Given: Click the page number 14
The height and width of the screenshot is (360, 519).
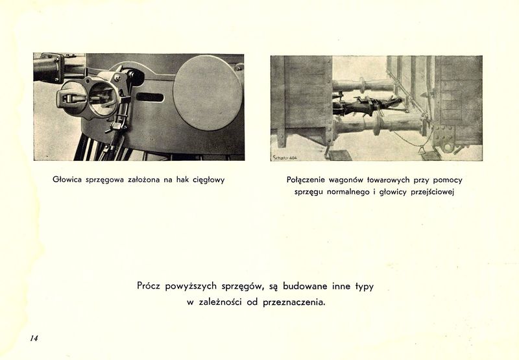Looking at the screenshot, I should click(x=34, y=338).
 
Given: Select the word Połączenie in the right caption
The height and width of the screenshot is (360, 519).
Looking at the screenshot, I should click(x=309, y=180).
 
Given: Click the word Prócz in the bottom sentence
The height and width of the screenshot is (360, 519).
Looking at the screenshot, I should click(x=151, y=286).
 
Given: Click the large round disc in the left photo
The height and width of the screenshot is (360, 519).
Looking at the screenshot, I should click(x=208, y=93).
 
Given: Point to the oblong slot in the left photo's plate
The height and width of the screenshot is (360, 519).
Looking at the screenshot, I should click(x=151, y=97).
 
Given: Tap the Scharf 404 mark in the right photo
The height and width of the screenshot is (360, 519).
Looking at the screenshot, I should click(x=285, y=156).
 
